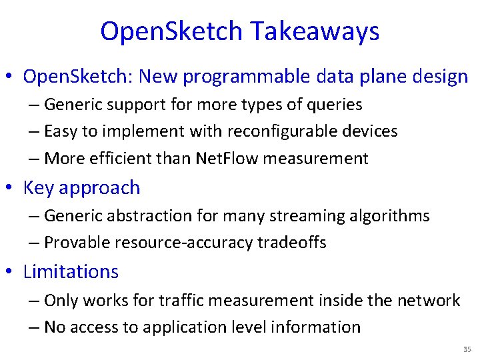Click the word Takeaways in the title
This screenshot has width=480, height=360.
[315, 31]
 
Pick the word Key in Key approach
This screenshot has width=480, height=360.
[39, 188]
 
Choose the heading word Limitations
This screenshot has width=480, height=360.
[71, 272]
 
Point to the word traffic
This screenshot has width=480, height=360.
[175, 300]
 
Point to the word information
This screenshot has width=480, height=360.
[317, 327]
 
